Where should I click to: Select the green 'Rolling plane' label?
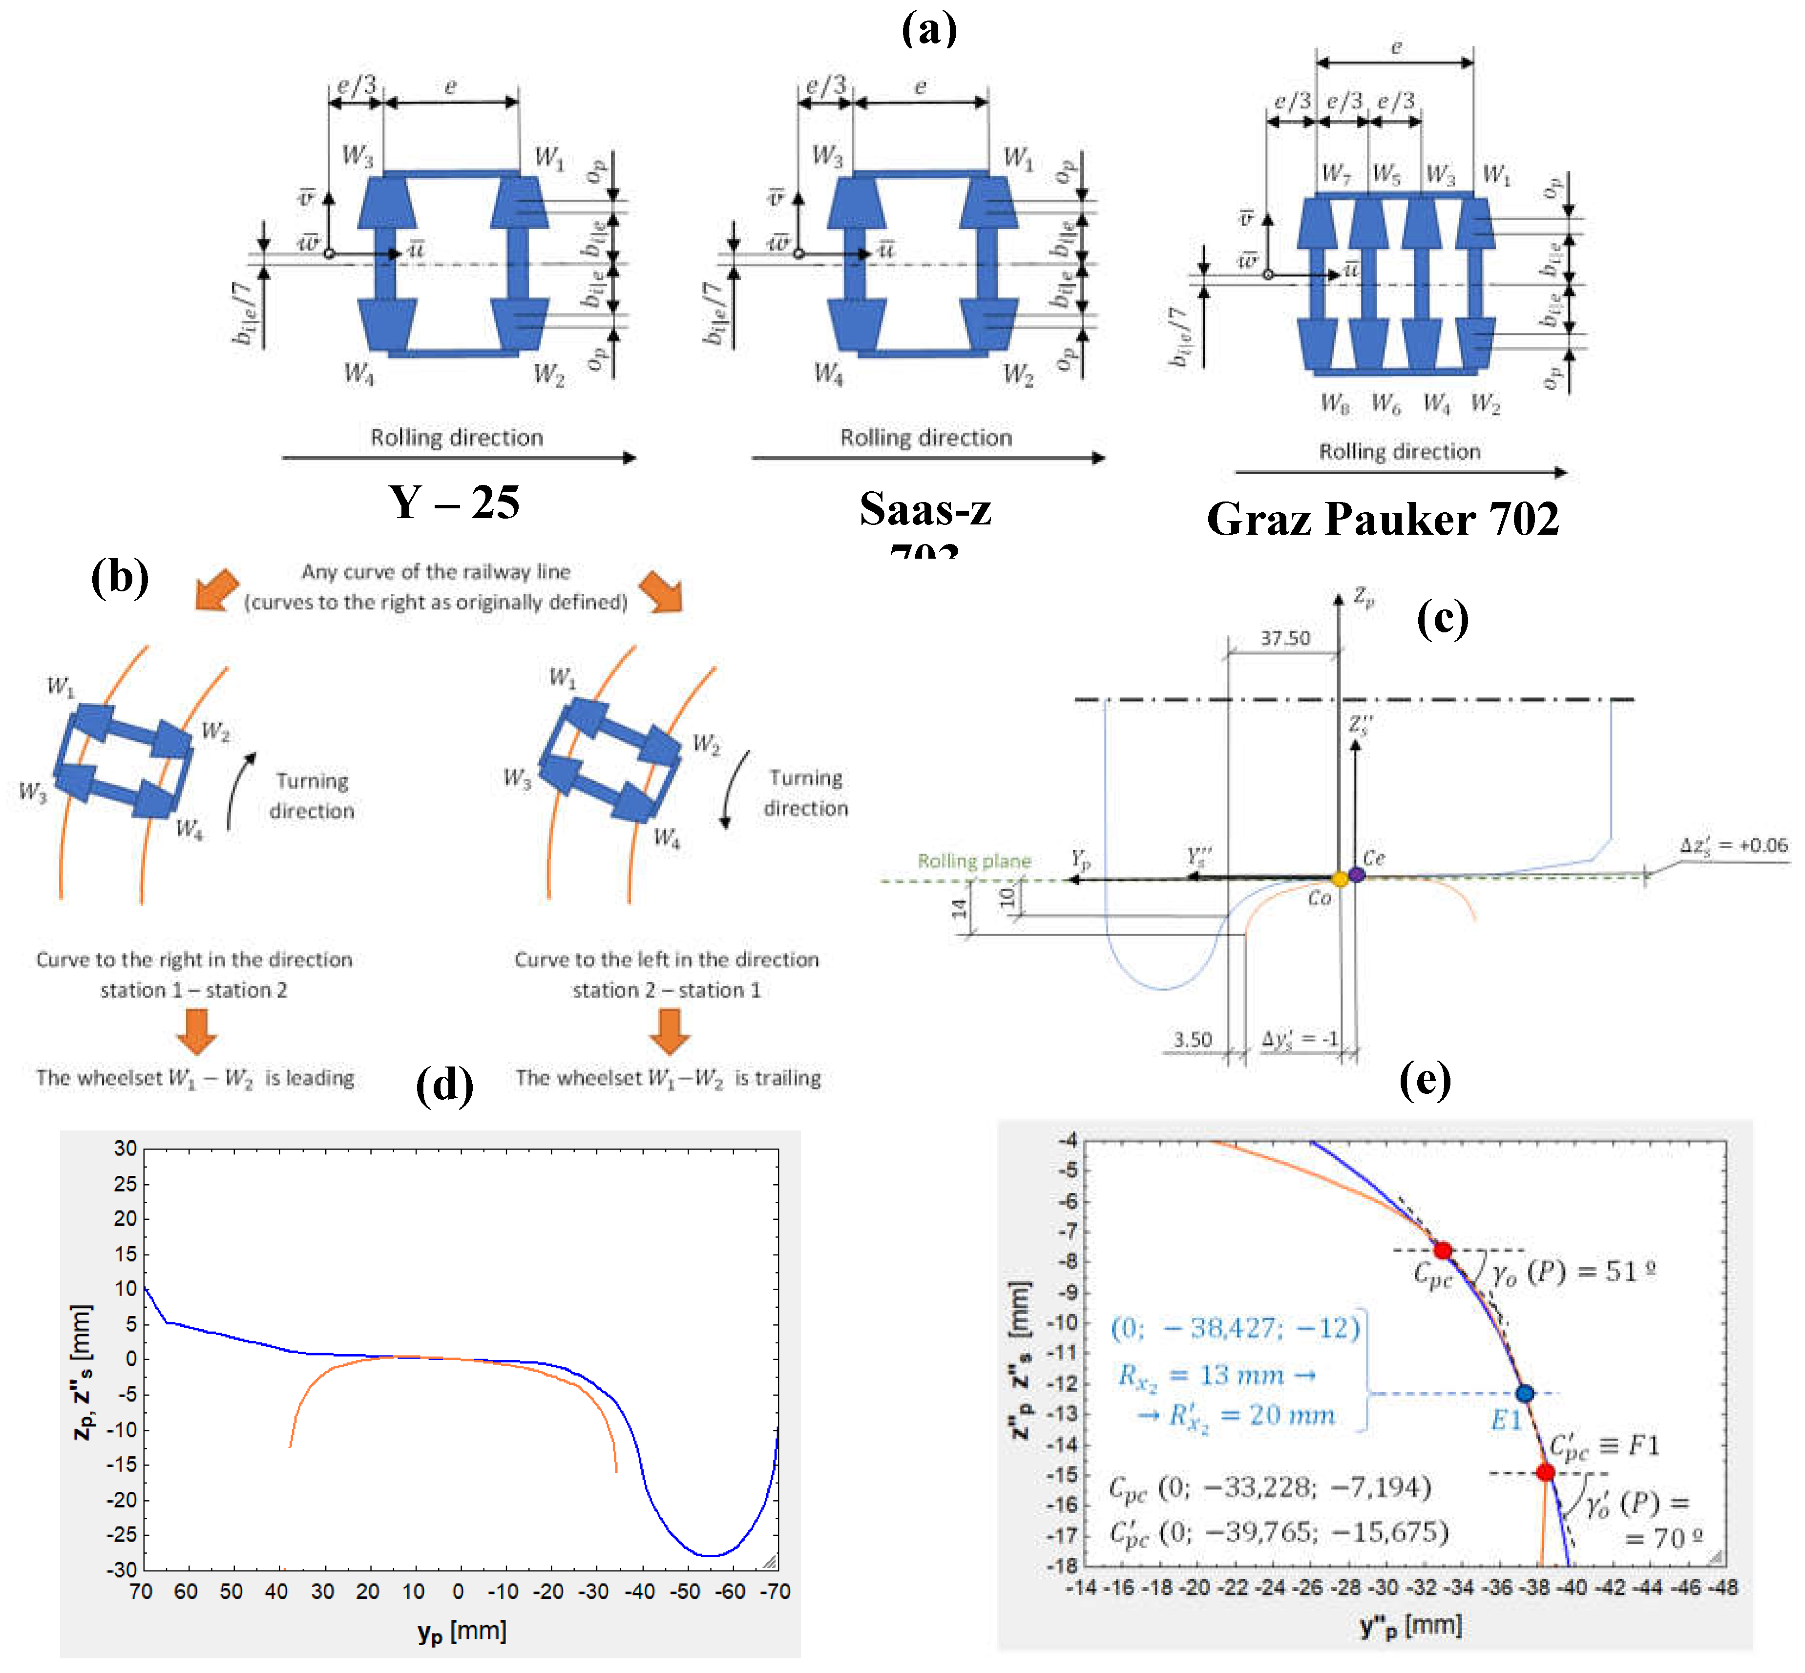[973, 861]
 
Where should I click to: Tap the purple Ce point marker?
[1356, 875]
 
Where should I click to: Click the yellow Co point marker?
[1340, 879]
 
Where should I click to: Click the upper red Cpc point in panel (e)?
[1443, 1250]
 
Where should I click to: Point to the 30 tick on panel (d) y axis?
[126, 1149]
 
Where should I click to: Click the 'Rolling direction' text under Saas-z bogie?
[925, 438]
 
